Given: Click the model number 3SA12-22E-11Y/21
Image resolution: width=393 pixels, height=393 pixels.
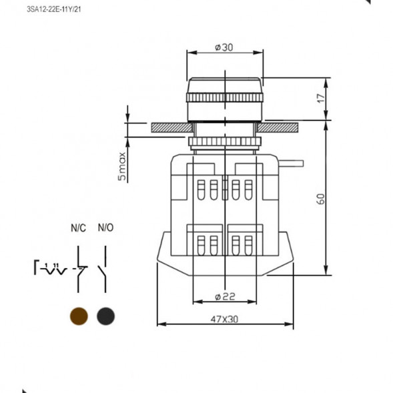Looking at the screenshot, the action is point(54,9).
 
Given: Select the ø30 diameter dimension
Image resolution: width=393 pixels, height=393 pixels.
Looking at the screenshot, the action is point(224,47).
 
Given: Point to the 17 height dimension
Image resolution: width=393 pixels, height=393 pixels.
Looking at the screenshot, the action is point(320,99).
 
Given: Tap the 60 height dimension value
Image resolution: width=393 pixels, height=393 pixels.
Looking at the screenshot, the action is point(321,200).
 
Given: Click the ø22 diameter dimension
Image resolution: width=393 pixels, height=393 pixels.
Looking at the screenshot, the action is point(225,297).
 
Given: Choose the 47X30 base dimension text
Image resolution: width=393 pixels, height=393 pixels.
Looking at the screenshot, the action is point(224,320).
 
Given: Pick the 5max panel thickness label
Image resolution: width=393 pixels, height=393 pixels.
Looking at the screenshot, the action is point(122,166).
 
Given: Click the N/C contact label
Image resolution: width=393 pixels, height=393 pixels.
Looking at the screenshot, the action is point(79,228).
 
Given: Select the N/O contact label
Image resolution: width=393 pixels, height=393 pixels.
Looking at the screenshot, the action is point(105,228).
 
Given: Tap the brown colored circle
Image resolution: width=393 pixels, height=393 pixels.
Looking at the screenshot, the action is point(79,316).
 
